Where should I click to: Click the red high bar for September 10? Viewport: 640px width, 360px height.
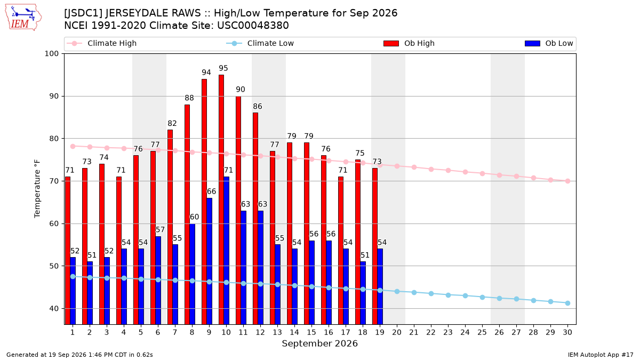point(221,199)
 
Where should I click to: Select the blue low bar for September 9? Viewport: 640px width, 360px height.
point(210,261)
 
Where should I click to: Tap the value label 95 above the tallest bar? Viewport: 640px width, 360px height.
point(223,68)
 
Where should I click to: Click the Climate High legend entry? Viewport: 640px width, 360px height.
point(102,43)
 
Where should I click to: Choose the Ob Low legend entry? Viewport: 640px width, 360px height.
point(549,43)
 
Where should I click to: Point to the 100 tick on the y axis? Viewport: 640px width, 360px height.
point(51,54)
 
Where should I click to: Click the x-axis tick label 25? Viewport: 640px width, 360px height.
point(482,332)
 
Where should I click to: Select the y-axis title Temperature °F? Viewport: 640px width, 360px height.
point(37,189)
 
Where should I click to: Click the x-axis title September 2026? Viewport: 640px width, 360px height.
point(319,343)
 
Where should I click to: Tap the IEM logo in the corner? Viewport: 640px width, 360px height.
point(23,18)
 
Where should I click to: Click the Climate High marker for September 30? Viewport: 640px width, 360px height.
point(567,181)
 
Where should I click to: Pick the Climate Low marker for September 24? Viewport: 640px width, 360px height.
point(466,295)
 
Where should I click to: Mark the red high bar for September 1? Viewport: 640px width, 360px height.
point(68,251)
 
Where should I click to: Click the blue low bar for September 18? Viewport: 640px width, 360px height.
point(363,293)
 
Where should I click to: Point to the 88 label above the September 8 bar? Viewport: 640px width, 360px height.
point(189,98)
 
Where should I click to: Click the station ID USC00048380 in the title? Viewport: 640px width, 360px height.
point(253,26)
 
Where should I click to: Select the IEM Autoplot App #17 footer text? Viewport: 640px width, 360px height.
point(601,355)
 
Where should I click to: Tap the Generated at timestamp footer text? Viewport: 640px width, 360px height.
point(79,355)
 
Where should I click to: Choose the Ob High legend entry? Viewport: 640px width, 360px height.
point(409,43)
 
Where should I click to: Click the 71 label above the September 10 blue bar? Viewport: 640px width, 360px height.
point(228,170)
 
